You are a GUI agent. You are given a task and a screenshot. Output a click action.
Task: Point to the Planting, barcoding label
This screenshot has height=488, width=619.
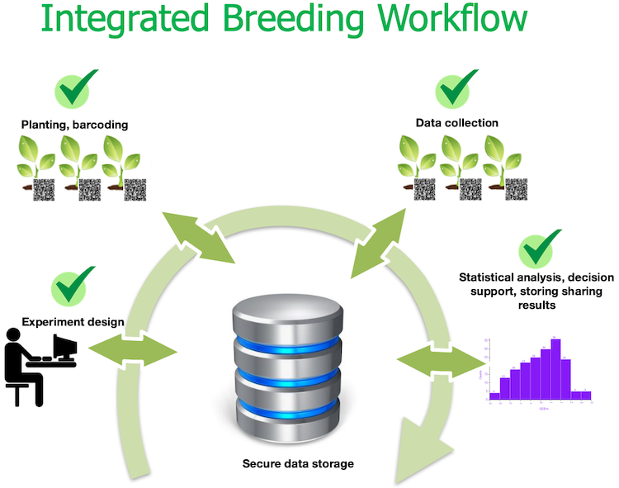click(x=74, y=125)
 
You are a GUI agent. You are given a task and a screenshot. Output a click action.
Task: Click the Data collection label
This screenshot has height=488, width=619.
click(x=456, y=123)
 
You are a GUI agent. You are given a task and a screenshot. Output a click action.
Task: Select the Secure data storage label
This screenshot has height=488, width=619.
click(x=298, y=463)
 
